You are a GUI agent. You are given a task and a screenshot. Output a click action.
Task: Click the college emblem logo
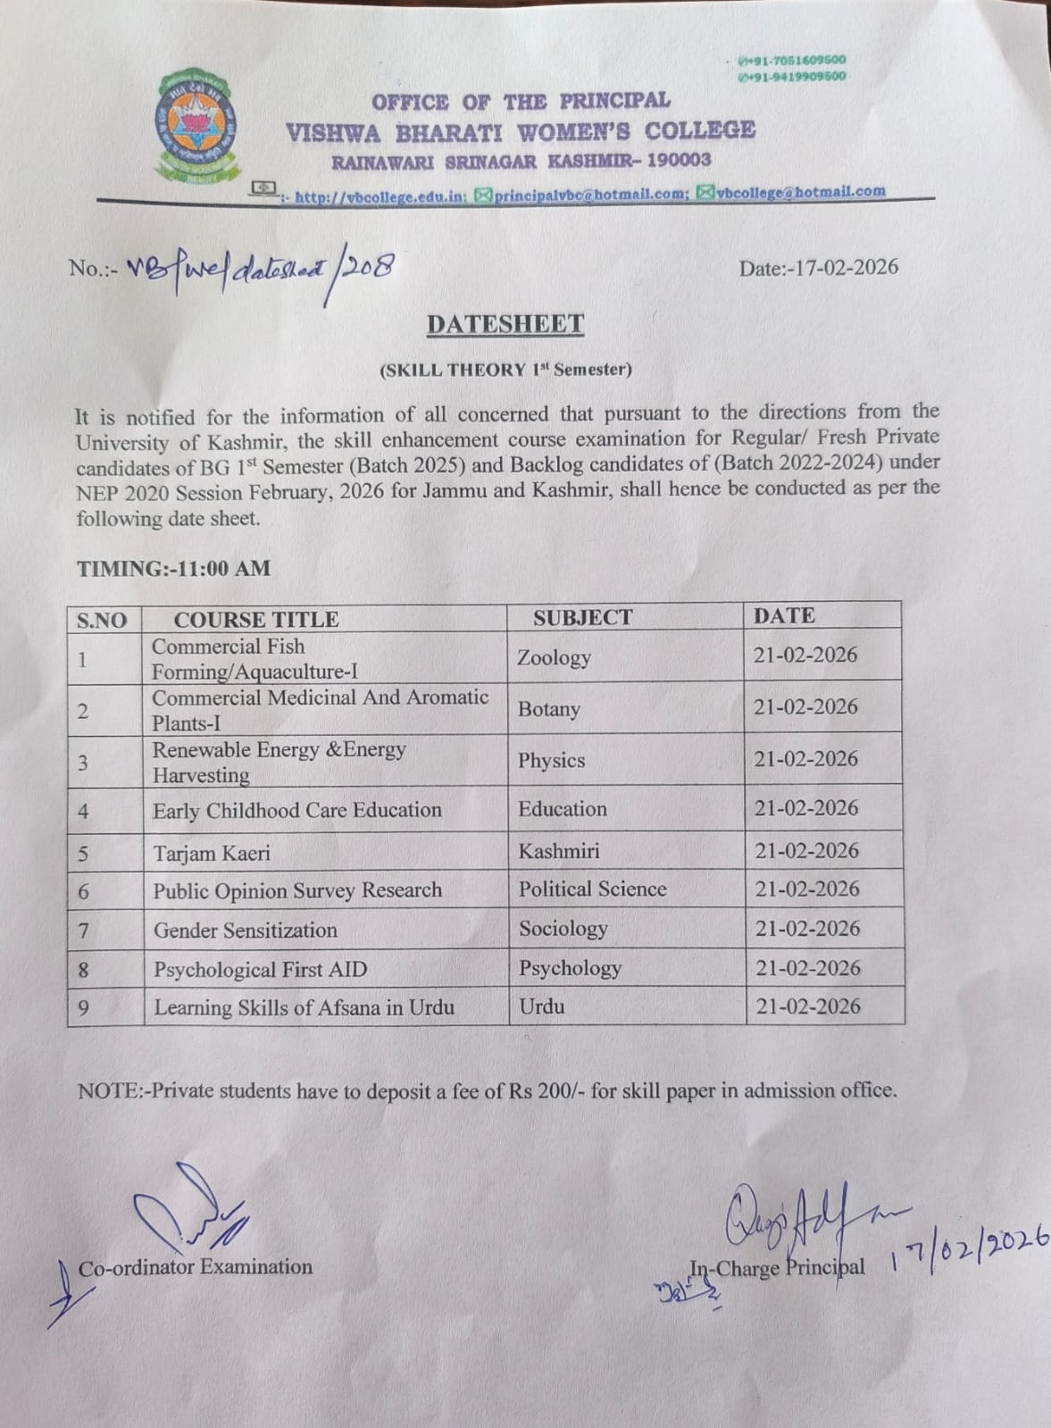(x=197, y=128)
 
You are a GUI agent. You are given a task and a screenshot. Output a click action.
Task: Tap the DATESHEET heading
(x=505, y=323)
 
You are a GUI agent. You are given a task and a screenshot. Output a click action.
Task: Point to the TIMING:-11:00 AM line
(x=173, y=568)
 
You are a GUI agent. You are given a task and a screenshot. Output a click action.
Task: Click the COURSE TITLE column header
(x=255, y=619)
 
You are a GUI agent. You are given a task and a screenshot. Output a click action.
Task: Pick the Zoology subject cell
(x=554, y=658)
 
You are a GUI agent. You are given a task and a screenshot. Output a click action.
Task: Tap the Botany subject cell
(x=548, y=709)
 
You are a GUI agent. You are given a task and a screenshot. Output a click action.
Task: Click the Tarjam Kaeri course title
(x=212, y=853)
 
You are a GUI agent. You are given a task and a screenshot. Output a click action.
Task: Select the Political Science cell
(x=592, y=889)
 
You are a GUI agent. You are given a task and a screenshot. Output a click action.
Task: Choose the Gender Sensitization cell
(x=246, y=930)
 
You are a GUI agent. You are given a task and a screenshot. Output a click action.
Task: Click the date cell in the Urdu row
(x=808, y=1006)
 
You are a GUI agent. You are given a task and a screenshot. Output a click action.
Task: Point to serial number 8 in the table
(x=84, y=970)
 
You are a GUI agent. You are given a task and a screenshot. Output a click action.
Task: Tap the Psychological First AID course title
(x=260, y=969)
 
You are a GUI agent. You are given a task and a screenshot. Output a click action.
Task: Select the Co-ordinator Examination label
(x=196, y=1266)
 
